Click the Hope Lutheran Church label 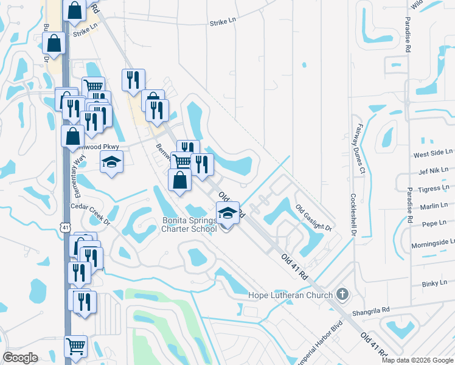(x=291, y=296)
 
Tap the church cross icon (x=342, y=294)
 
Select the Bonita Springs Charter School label (x=189, y=224)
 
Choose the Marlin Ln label (x=437, y=206)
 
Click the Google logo (x=20, y=358)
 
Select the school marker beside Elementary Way (x=111, y=162)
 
